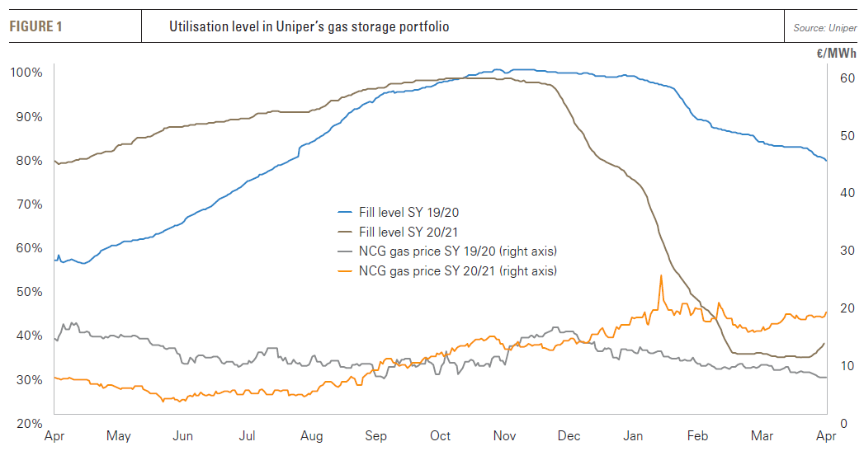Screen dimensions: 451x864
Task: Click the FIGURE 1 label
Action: coord(35,27)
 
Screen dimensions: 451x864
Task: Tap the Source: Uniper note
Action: coord(824,28)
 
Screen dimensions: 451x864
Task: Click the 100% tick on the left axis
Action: coord(26,73)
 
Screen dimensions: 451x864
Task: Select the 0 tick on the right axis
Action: coord(842,424)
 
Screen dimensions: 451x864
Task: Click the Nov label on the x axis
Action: coord(503,436)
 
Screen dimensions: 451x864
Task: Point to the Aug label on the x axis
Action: coord(311,436)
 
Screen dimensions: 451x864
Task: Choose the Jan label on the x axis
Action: coord(633,436)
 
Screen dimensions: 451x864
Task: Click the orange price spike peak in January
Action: coord(661,275)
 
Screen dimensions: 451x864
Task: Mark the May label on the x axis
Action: coord(119,436)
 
